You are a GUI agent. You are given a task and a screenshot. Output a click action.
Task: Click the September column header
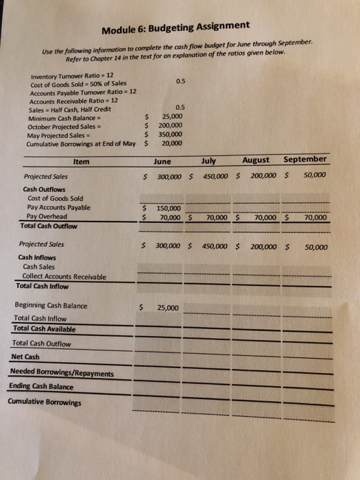pyautogui.click(x=304, y=159)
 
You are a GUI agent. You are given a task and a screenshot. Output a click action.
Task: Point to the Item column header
pyautogui.click(x=81, y=163)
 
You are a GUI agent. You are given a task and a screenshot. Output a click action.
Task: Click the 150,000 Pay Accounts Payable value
pyautogui.click(x=169, y=208)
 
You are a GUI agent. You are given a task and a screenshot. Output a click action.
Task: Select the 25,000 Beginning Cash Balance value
pyautogui.click(x=168, y=308)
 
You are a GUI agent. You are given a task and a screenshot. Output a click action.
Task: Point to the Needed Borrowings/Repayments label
pyautogui.click(x=62, y=372)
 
